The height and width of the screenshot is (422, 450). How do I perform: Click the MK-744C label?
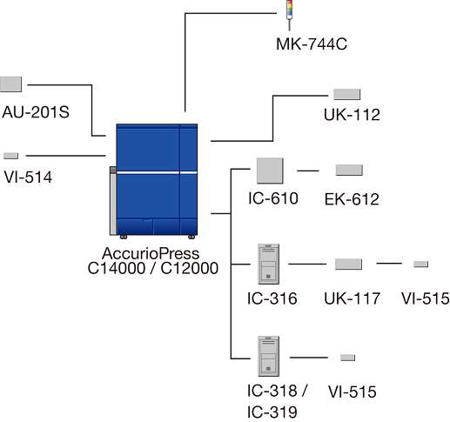coord(312,44)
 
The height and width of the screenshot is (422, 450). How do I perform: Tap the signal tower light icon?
coord(289,15)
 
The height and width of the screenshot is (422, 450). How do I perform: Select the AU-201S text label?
coord(36,112)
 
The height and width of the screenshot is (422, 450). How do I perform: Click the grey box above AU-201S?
coord(10,84)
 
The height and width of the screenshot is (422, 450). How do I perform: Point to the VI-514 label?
coord(28,177)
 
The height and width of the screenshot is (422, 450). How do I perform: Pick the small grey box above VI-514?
coord(10,156)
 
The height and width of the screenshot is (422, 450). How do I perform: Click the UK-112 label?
coord(352,115)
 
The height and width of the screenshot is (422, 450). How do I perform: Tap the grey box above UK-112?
coord(347,94)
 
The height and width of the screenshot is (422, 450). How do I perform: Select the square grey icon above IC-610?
coord(270,171)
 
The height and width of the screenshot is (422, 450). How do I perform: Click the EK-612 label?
coord(352,199)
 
